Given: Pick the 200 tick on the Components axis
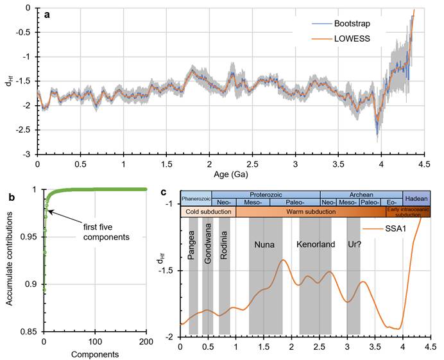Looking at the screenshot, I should pyautogui.click(x=146, y=341).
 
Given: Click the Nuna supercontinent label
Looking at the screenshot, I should pyautogui.click(x=265, y=244).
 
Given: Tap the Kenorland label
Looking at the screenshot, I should pyautogui.click(x=315, y=244).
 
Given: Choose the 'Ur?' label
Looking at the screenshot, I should pyautogui.click(x=353, y=244).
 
